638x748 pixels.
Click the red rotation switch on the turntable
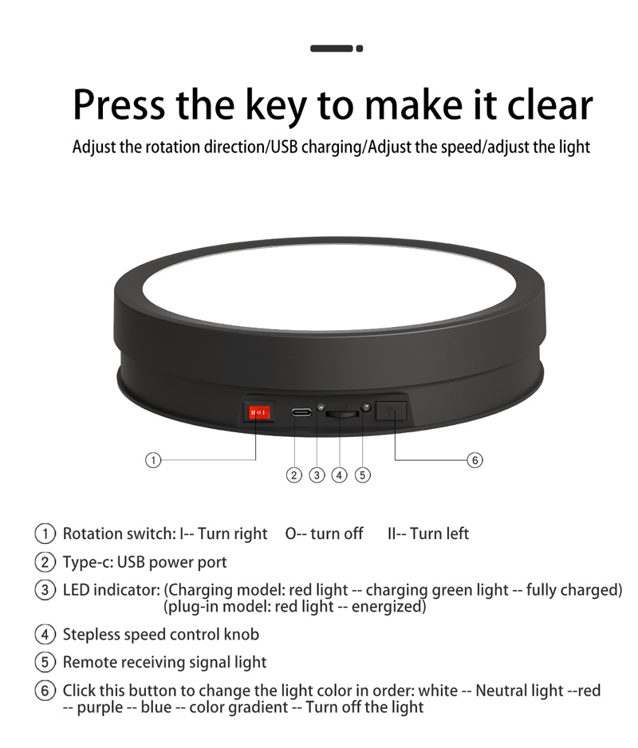[x=258, y=412]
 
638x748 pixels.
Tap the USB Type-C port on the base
[x=301, y=411]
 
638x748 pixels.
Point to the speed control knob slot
[x=342, y=414]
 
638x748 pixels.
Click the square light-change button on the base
[x=392, y=410]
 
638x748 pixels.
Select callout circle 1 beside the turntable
[x=153, y=460]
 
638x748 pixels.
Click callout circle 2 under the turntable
[x=294, y=475]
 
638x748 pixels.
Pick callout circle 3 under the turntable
[x=317, y=475]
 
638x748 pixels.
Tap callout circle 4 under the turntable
[x=339, y=475]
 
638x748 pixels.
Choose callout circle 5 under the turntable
[x=363, y=475]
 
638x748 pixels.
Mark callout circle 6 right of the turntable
[x=475, y=460]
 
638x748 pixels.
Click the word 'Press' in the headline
[x=119, y=104]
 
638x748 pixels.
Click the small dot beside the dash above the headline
[x=360, y=48]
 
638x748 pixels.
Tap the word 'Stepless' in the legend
[x=91, y=635]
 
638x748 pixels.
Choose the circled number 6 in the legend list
[x=45, y=691]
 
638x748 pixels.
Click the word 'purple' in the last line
[x=100, y=707]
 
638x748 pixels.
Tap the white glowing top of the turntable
[x=329, y=287]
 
